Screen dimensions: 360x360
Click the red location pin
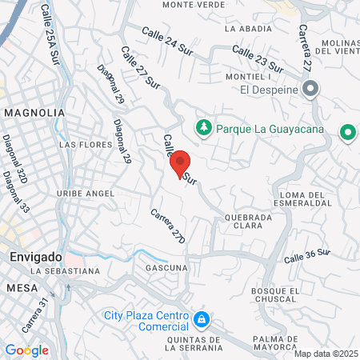180,163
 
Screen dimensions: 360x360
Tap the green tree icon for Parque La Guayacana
204,126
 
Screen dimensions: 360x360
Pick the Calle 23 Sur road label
258,59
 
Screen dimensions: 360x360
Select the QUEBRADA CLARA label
249,221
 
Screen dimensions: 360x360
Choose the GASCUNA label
167,267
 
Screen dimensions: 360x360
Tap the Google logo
26,350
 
